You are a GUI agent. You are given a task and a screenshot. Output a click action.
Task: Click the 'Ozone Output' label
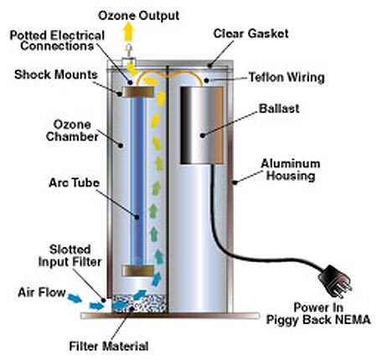coord(138,16)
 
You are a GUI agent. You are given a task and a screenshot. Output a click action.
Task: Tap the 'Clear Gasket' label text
coord(250,33)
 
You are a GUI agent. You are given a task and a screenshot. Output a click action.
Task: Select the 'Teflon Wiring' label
coord(287,77)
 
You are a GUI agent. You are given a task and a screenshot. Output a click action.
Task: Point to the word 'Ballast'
coord(279,108)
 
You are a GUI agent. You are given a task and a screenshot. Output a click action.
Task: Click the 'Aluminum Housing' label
coord(291,170)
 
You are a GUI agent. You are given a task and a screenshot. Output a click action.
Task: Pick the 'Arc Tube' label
coord(74,183)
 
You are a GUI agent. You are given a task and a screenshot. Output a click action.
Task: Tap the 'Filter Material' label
coord(109,346)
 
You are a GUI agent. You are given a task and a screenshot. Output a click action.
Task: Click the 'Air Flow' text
coord(42,292)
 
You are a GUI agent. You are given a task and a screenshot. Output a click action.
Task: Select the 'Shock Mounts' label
coord(56,75)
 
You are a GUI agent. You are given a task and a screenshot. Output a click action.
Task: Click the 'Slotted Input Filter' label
coord(70,255)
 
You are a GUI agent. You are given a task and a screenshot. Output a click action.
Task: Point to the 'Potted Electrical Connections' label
coord(57,41)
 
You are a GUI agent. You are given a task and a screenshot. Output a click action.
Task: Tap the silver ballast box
coord(202,125)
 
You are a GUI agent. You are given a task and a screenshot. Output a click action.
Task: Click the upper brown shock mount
coord(138,92)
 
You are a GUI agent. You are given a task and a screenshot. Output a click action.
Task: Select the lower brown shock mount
coord(138,270)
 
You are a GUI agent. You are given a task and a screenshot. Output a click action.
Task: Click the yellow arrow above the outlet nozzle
coord(129,33)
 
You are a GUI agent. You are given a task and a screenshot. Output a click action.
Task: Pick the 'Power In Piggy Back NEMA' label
coord(318,313)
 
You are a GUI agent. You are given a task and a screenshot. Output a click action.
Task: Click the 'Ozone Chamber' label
coord(72,131)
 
